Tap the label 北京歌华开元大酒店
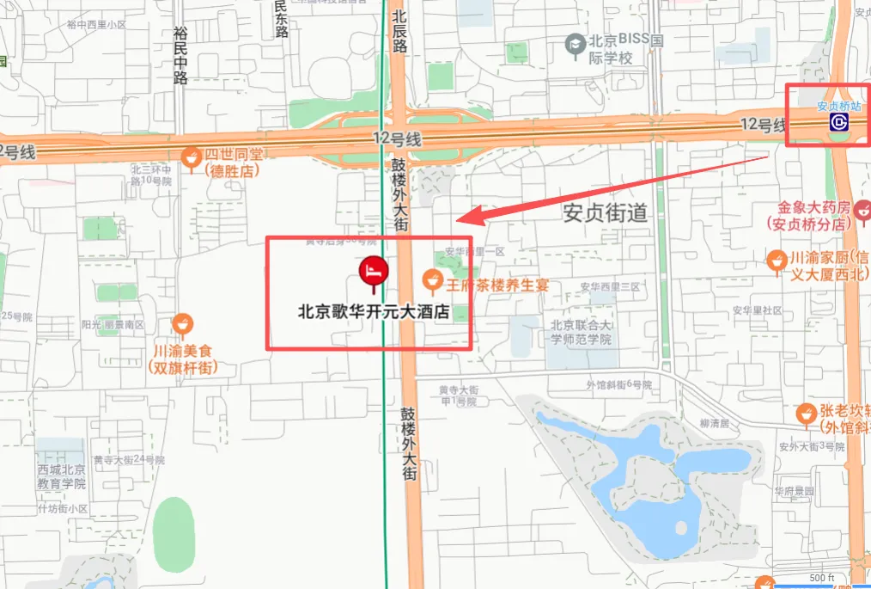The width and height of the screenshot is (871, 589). pos(374,313)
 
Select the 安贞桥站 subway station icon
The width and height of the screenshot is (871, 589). pos(838,123)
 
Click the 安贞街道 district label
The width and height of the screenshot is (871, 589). pos(605,212)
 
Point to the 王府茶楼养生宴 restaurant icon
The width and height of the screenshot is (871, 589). pos(433,279)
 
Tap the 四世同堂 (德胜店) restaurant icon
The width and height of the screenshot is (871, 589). pos(192,156)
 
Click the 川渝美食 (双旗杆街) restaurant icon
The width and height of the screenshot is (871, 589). pos(181,325)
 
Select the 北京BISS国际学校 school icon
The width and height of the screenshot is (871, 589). pos(574,42)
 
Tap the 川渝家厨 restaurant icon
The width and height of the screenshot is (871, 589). pos(776,259)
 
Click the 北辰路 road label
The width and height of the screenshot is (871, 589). pos(399,32)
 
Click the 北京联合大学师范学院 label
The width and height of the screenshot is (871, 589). pos(581,332)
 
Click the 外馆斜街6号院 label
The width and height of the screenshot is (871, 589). pos(618,384)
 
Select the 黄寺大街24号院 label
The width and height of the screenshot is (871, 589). pos(129,460)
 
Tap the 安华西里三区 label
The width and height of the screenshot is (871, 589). pos(610,286)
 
